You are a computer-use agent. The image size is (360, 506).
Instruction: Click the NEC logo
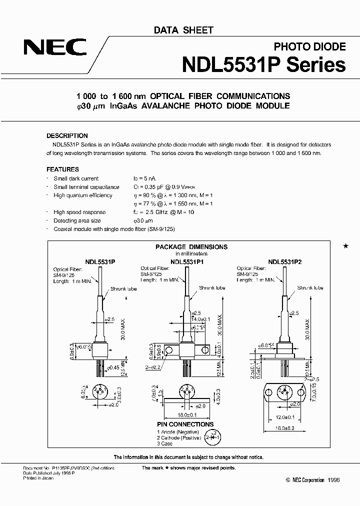(55, 48)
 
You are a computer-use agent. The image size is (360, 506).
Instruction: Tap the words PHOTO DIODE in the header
(309, 46)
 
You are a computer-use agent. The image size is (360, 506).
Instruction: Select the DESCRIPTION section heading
(67, 135)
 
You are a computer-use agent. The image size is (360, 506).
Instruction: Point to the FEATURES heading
(62, 169)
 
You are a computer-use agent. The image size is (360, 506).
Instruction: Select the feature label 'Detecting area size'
(77, 220)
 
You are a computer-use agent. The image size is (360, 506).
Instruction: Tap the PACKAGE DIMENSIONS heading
(191, 246)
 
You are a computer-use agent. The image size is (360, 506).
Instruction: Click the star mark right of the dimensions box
(345, 246)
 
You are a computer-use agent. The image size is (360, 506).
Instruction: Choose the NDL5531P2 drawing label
(284, 261)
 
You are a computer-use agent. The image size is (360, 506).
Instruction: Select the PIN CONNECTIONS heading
(181, 424)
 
